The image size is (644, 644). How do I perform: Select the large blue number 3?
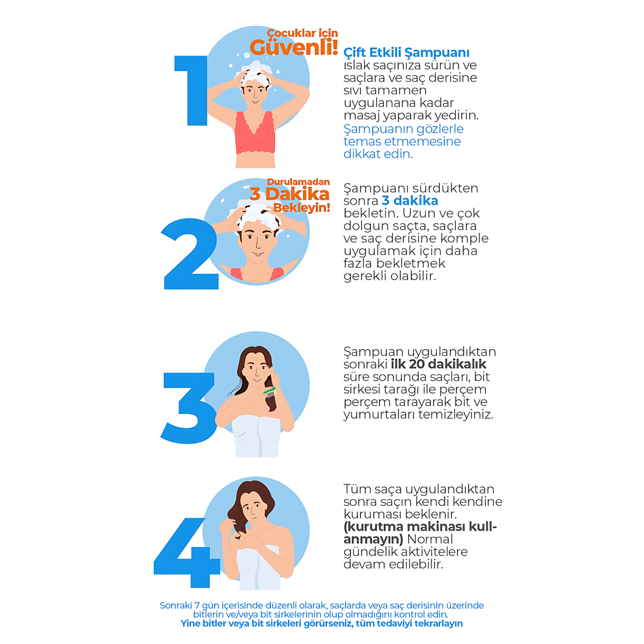point(188,408)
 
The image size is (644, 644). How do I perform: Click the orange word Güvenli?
point(294,47)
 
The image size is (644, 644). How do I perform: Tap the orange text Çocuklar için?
point(303,33)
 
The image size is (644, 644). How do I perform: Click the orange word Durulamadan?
point(298,182)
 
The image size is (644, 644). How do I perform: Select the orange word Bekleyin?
point(302,208)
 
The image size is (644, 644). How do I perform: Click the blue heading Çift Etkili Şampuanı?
point(407,53)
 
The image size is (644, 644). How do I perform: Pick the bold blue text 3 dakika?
point(410,200)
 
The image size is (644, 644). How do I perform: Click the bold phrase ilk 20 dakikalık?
point(438,364)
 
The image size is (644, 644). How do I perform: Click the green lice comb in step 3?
point(270,392)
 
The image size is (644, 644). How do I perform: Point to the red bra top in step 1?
point(255,133)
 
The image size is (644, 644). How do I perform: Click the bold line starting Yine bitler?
point(322,624)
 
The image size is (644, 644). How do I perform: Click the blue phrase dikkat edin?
point(378,154)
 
